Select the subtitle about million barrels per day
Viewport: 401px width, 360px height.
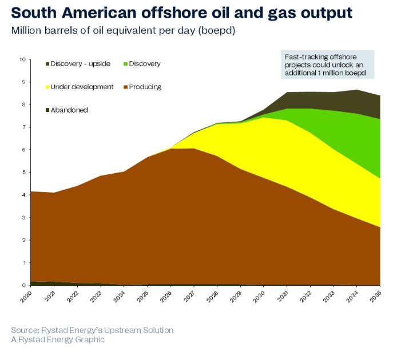[123, 30]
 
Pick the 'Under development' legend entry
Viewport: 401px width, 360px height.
[80, 87]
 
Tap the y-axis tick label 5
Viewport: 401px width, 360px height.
[23, 173]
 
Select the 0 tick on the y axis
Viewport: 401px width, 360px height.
[23, 285]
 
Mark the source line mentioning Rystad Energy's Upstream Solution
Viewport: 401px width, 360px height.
[92, 330]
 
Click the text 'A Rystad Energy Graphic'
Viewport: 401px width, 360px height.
[58, 339]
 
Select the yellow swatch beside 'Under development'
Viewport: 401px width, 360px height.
[47, 87]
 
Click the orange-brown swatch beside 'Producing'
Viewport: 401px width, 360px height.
[125, 87]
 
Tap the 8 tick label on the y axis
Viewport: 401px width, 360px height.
[23, 105]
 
